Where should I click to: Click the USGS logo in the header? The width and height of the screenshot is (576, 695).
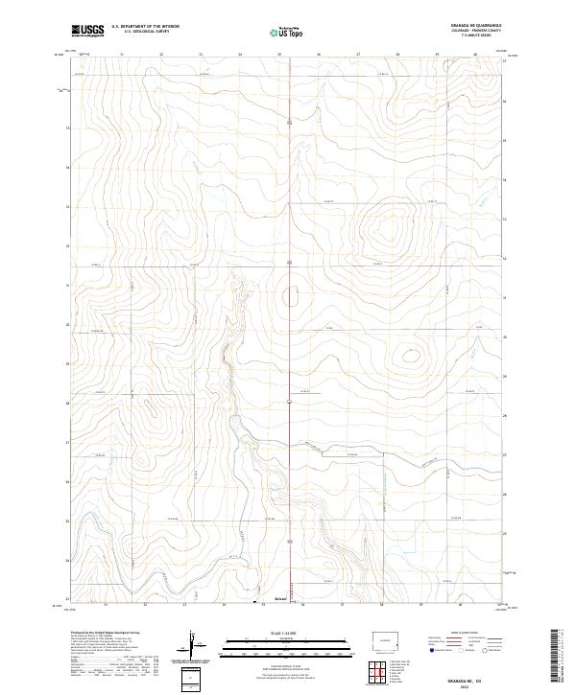pyautogui.click(x=87, y=31)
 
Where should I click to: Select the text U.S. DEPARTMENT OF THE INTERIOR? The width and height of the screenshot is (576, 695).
pyautogui.click(x=145, y=26)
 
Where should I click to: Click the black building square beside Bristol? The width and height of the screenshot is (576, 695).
pyautogui.click(x=254, y=602)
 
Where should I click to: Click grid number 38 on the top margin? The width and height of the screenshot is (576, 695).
pyautogui.click(x=397, y=55)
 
